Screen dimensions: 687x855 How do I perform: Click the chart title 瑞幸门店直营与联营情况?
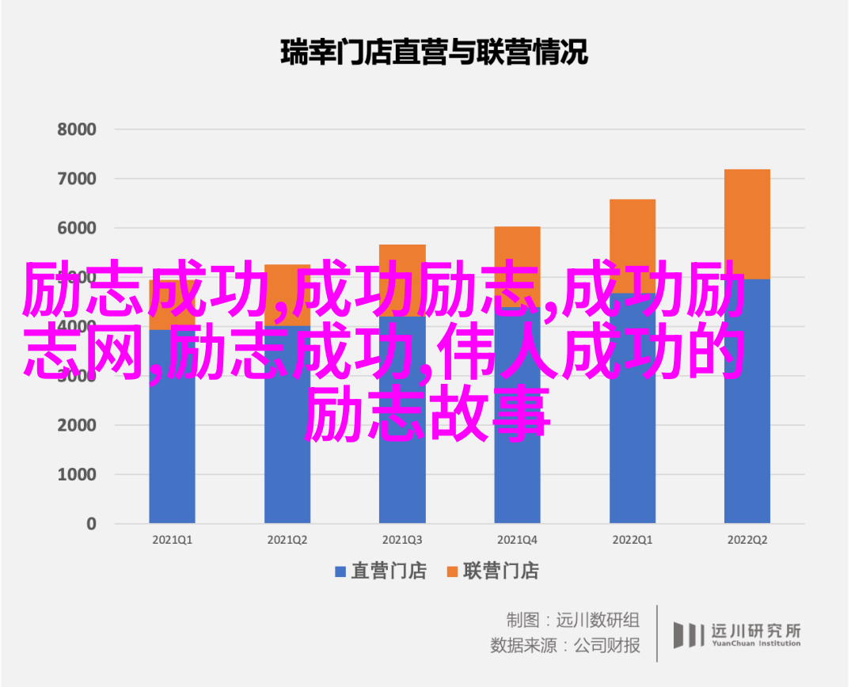click(x=435, y=53)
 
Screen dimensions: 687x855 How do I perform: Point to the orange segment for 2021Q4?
click(x=517, y=245)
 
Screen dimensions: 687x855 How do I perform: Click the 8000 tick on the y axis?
click(x=76, y=130)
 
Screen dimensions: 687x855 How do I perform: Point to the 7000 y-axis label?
click(x=76, y=179)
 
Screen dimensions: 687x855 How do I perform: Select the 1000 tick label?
click(x=76, y=474)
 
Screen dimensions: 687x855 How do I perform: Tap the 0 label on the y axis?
click(x=91, y=523)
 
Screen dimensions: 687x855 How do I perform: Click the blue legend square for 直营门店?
click(x=341, y=571)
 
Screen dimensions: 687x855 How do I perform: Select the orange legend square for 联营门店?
click(x=453, y=571)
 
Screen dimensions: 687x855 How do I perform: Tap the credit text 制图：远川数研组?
click(x=572, y=618)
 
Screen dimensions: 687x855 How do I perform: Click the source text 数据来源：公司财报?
click(x=564, y=645)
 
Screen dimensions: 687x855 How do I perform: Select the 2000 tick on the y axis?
click(x=76, y=425)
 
